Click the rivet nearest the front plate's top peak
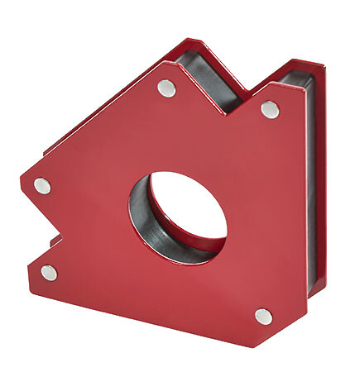(x=167, y=88)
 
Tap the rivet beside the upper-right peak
(x=270, y=109)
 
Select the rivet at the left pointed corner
(x=41, y=186)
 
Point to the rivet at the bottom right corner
(x=263, y=316)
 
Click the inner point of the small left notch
(x=63, y=238)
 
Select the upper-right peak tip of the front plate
(x=289, y=85)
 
